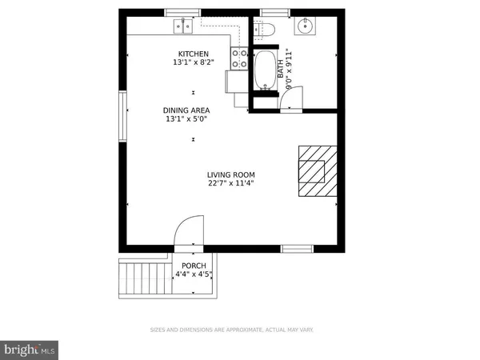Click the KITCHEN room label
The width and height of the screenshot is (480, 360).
[x=192, y=54]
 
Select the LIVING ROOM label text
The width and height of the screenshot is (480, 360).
[x=230, y=175]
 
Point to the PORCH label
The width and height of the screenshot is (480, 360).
[x=194, y=266]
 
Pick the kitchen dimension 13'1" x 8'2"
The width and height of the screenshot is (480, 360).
[x=192, y=63]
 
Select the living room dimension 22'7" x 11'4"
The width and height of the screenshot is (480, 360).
[x=230, y=184]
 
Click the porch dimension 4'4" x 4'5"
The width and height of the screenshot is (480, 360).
[x=194, y=274]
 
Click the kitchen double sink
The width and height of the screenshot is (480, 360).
[x=182, y=26]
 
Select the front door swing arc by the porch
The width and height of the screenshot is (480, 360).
[x=190, y=232]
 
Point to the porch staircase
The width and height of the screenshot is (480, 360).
[x=142, y=278]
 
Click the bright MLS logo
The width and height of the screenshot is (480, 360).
[x=30, y=349]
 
